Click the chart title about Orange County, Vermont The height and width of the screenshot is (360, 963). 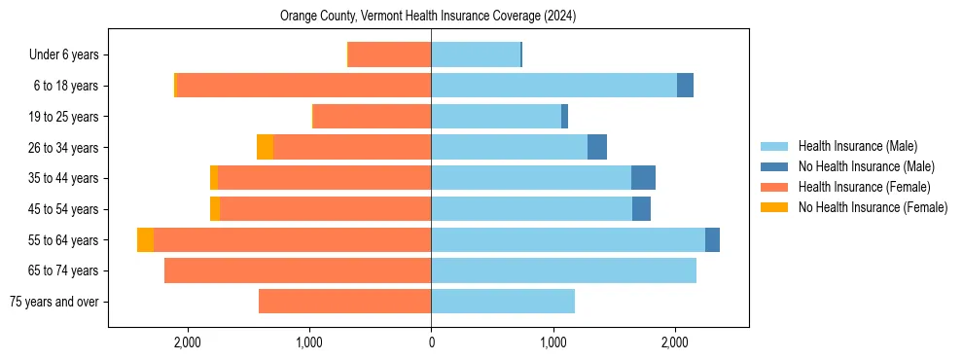(x=428, y=17)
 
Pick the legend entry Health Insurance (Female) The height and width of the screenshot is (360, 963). (x=864, y=187)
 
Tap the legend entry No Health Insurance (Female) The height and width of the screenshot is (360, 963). (x=873, y=207)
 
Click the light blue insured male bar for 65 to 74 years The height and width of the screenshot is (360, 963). (x=563, y=270)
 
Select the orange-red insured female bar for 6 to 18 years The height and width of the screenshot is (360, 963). (x=303, y=86)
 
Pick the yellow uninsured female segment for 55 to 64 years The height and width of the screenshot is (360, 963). (x=145, y=239)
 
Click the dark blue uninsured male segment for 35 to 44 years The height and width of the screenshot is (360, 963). (x=643, y=178)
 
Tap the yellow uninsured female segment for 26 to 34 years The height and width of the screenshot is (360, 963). (x=265, y=147)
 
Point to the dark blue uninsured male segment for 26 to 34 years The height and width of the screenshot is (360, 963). (x=597, y=147)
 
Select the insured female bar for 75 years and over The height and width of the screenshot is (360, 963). (x=344, y=302)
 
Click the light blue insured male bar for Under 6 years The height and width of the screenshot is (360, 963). (x=476, y=55)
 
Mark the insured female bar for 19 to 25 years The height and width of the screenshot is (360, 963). (x=372, y=117)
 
